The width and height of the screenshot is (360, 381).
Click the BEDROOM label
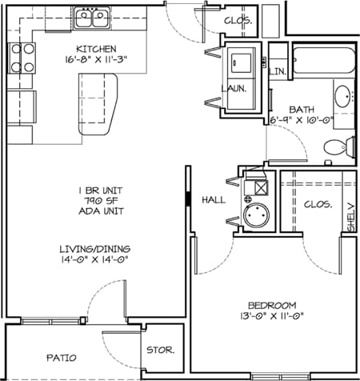tap(272, 305)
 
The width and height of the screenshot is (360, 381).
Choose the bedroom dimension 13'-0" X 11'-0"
tap(272, 316)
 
